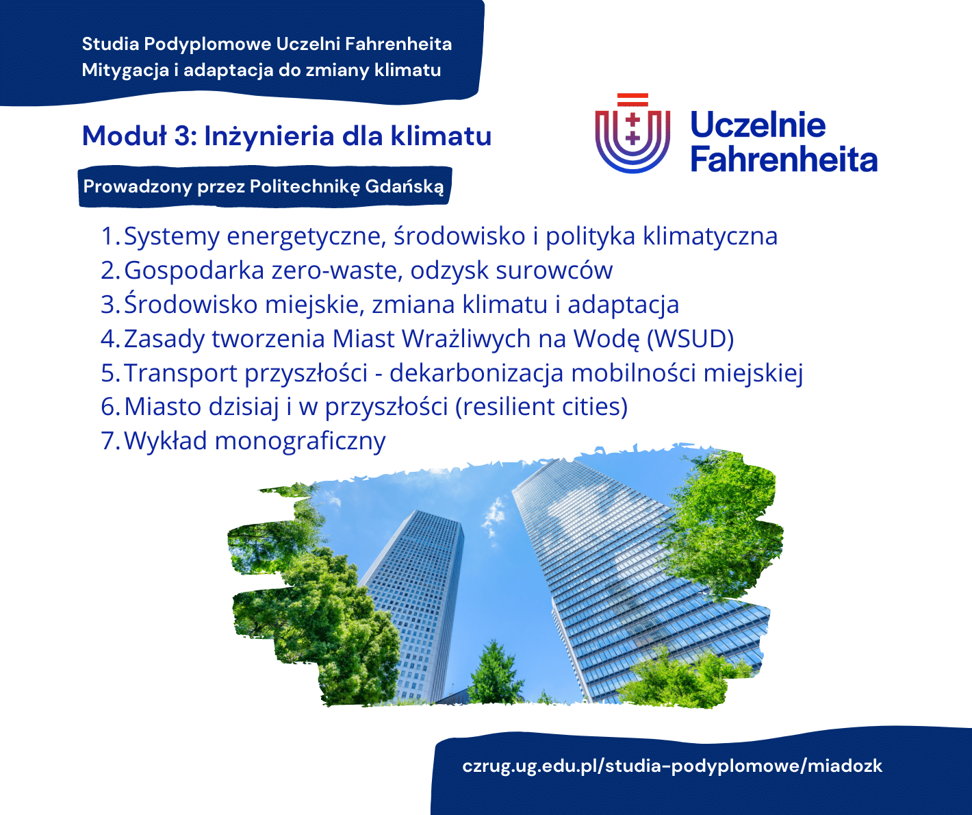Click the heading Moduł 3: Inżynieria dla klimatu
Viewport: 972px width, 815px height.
click(287, 136)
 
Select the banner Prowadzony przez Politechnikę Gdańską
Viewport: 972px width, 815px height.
click(265, 186)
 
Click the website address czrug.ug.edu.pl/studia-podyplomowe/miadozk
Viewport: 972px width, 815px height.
click(672, 766)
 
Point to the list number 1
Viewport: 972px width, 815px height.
click(110, 236)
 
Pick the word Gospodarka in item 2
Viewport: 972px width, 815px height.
click(194, 271)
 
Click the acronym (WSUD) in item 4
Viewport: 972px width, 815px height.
click(691, 338)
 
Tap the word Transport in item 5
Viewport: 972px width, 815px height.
click(181, 373)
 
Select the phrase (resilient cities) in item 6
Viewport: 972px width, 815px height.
click(541, 407)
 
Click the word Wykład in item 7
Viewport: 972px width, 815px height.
click(165, 440)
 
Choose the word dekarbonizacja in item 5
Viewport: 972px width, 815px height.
click(476, 373)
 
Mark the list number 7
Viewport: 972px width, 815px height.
click(111, 441)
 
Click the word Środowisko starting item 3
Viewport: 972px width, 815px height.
click(191, 304)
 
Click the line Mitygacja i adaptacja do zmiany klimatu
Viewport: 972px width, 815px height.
click(261, 71)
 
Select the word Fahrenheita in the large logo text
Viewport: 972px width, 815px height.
click(784, 160)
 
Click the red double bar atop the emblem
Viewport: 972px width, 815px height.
click(632, 100)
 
